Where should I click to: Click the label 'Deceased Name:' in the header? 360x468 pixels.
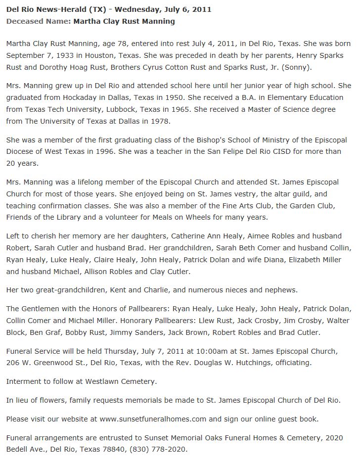[x=38, y=21]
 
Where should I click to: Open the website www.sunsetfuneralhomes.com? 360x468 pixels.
[x=152, y=419]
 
